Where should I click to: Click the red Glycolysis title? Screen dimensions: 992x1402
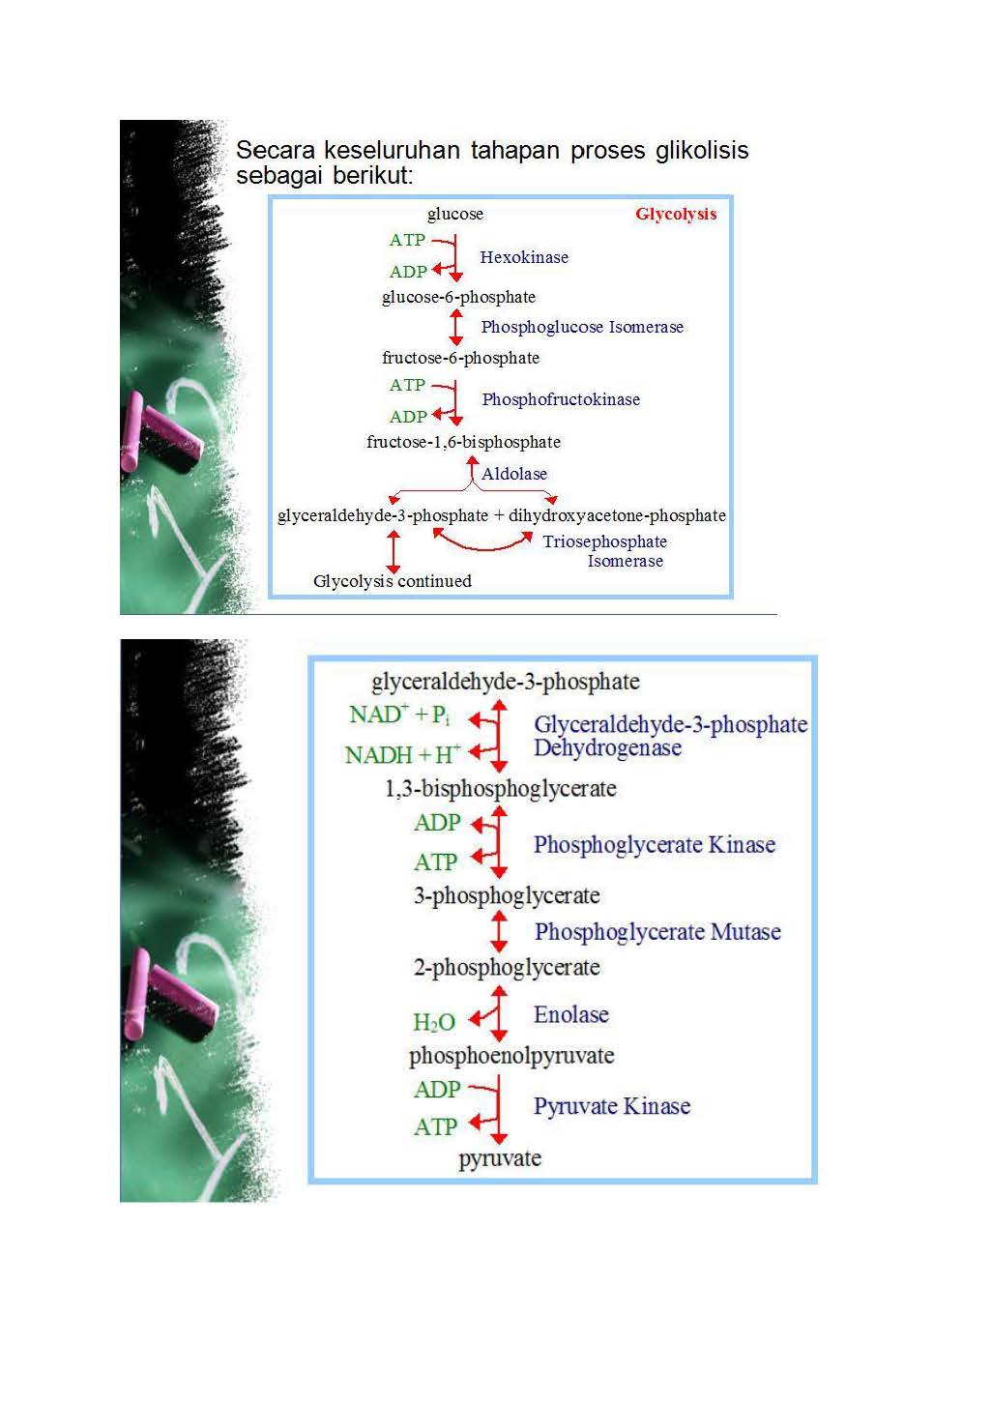(676, 215)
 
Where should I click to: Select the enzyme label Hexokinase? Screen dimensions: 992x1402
(524, 257)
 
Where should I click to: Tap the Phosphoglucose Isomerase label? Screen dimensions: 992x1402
(582, 327)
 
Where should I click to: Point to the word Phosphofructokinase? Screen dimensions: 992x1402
(561, 399)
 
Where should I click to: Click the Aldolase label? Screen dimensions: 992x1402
(514, 474)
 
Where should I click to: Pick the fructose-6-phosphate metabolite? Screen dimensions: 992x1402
(460, 358)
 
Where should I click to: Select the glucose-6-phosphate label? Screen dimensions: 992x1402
(458, 297)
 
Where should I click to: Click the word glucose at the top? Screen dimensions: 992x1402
(455, 214)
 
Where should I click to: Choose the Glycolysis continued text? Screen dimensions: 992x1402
(393, 581)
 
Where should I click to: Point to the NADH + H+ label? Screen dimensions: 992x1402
(403, 754)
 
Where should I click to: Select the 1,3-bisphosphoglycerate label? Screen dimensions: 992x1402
(500, 789)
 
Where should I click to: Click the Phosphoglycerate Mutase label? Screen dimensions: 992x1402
(657, 932)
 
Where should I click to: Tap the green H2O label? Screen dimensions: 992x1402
(434, 1022)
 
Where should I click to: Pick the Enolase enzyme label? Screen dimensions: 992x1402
(570, 1014)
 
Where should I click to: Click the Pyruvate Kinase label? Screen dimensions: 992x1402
(612, 1106)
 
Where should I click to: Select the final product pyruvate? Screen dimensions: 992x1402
(500, 1158)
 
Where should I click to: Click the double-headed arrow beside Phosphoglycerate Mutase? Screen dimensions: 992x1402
(499, 931)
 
